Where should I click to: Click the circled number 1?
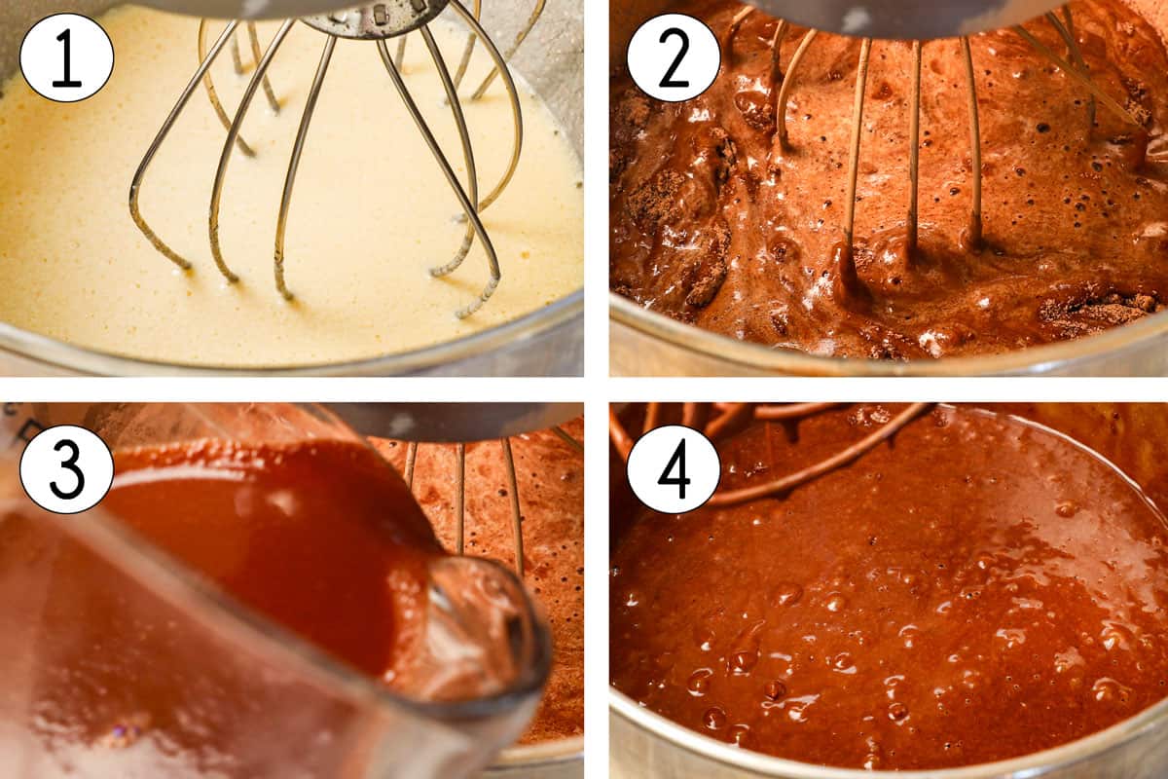(66, 57)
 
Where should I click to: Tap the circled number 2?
(674, 57)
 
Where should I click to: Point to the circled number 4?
(674, 469)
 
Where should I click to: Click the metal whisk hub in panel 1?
(375, 18)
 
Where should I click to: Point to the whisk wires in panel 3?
(511, 497)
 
